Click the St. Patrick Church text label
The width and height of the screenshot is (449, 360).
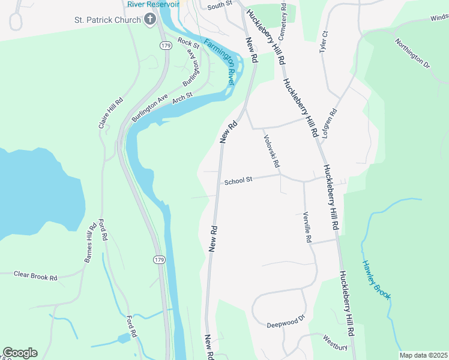[x=107, y=20]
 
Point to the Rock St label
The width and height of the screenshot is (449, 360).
[x=188, y=43]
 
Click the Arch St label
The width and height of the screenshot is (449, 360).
[x=182, y=96]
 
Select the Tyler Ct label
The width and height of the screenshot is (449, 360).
[x=324, y=42]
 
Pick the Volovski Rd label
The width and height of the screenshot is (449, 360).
[x=272, y=151]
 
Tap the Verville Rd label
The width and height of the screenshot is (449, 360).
[x=307, y=227]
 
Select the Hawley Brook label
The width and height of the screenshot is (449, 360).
[x=376, y=279]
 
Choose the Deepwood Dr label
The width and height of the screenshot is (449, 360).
[x=286, y=320]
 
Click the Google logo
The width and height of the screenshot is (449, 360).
[x=20, y=353]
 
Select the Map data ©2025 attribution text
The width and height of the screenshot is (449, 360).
[x=423, y=355]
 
